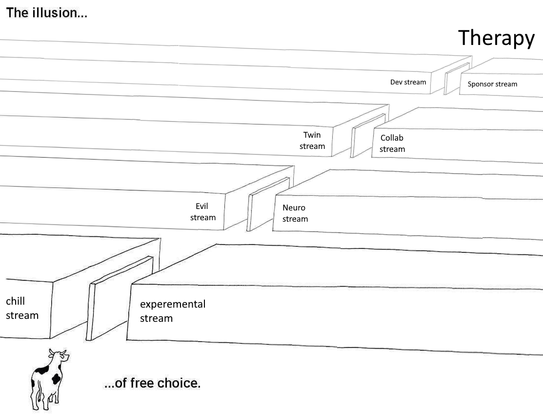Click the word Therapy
(496, 38)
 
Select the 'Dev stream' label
(408, 82)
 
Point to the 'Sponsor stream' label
(492, 84)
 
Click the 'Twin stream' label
(312, 141)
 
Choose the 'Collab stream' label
(392, 144)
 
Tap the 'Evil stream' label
(202, 212)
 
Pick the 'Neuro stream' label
(295, 213)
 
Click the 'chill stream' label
(22, 308)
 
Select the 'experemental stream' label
(172, 311)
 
